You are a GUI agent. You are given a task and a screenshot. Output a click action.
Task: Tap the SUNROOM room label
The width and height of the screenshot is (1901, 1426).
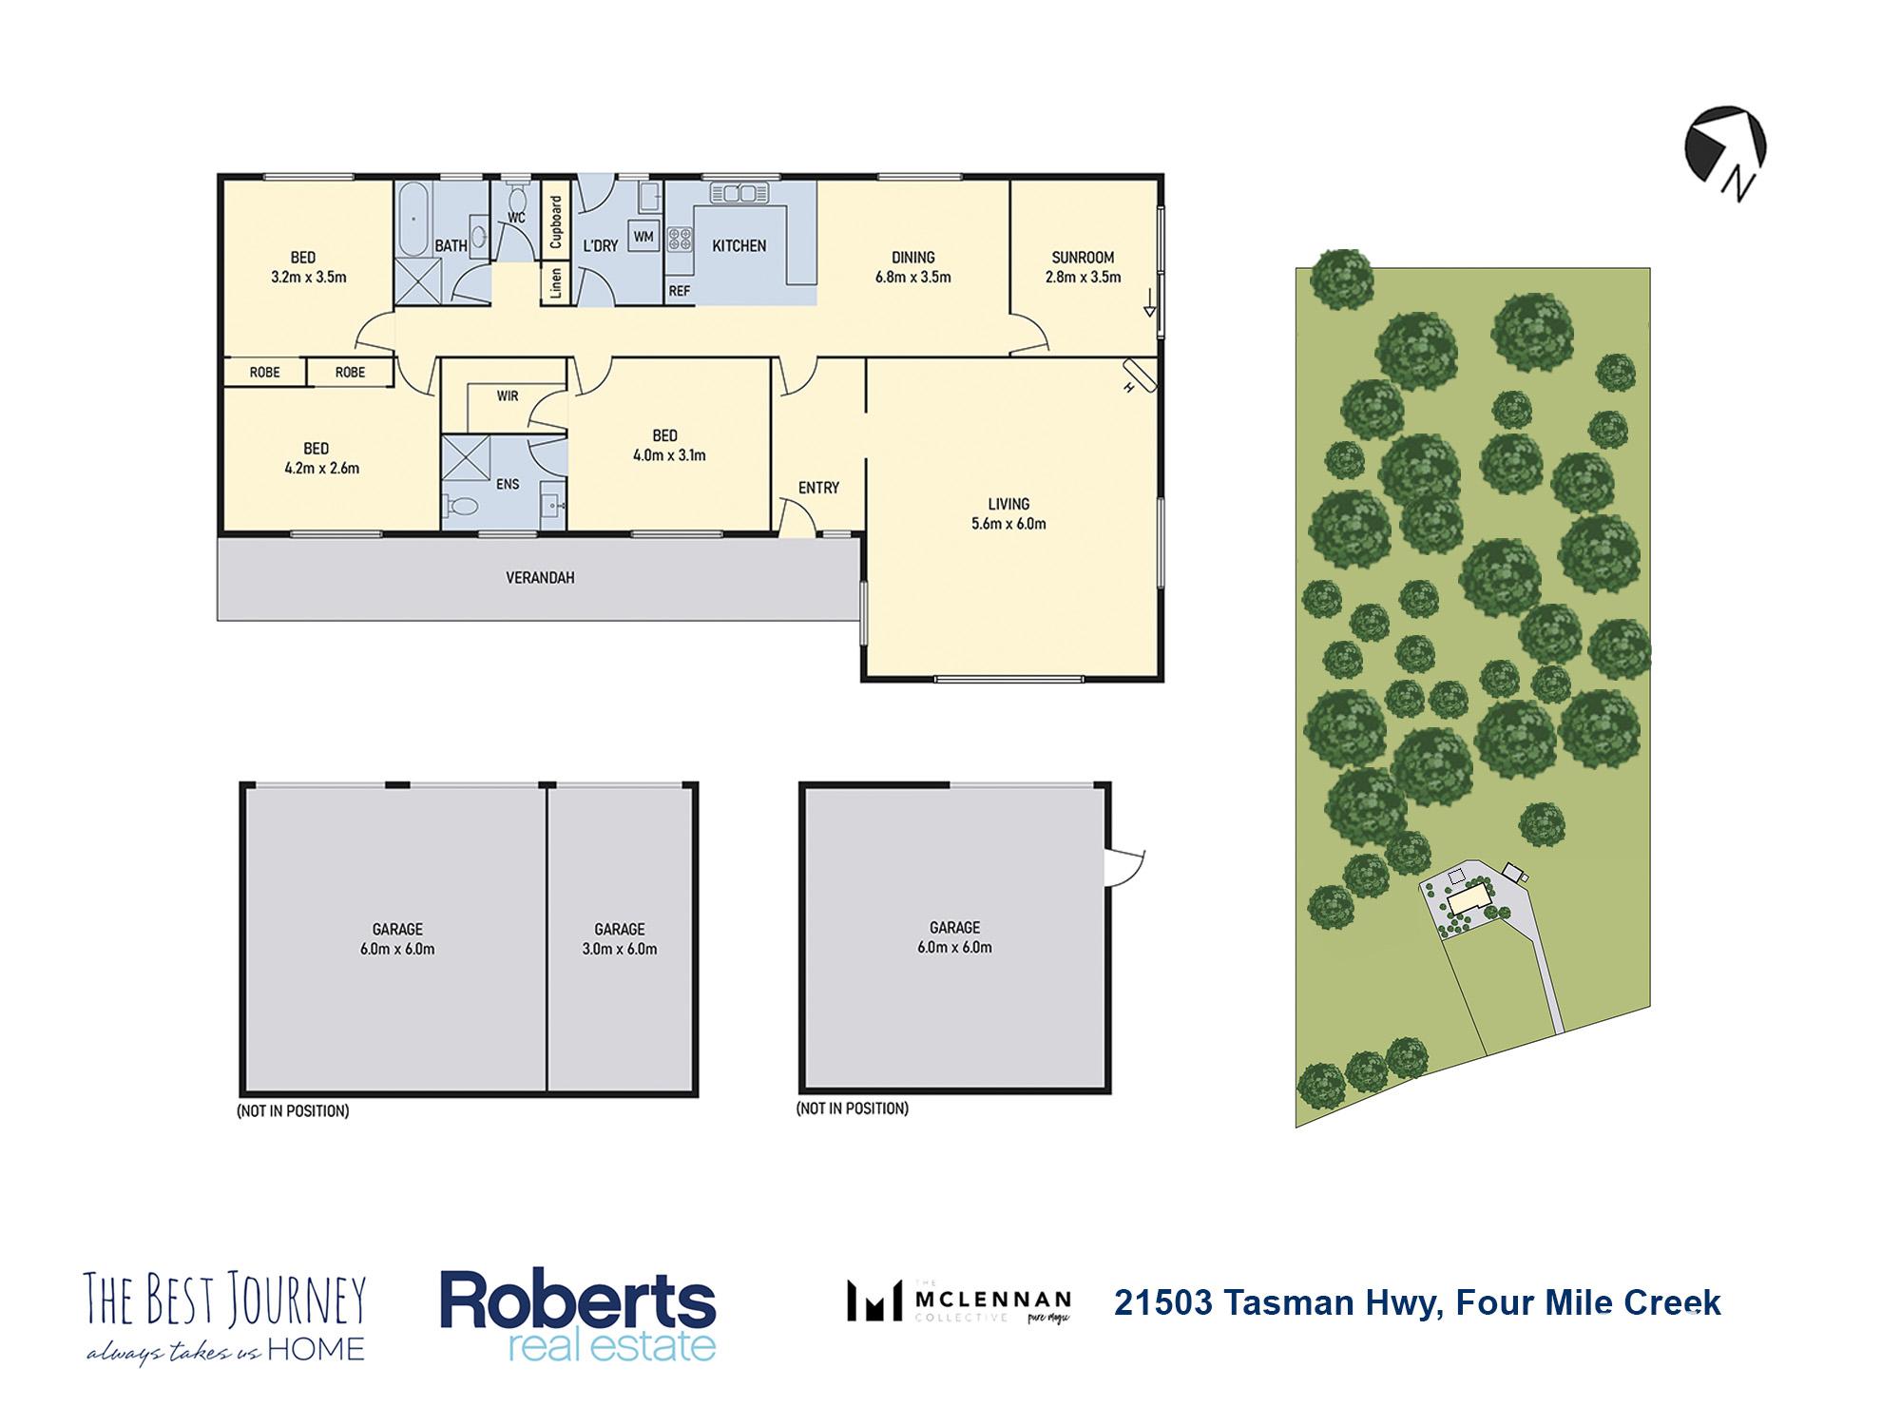tap(1083, 258)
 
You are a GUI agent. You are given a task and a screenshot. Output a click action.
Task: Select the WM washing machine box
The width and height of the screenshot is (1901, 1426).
tap(643, 236)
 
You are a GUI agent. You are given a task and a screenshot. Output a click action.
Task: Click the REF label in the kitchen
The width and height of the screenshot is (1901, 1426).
tap(679, 291)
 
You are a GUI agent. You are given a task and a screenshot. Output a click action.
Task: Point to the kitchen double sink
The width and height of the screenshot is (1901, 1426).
tap(739, 194)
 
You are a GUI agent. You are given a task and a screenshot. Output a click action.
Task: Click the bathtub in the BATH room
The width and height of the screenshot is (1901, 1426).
tap(413, 220)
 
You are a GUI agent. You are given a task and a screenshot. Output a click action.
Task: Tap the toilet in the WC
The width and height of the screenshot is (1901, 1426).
tap(518, 199)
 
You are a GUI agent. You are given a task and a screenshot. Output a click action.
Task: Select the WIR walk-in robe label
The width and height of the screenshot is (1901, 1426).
tap(507, 395)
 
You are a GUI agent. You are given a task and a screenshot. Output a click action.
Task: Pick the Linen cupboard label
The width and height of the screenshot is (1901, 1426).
tap(556, 282)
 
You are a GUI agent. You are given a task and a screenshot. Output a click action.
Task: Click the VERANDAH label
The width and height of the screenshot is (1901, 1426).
tap(540, 578)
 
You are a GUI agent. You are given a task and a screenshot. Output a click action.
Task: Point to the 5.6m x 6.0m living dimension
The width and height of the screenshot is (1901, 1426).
tap(1008, 524)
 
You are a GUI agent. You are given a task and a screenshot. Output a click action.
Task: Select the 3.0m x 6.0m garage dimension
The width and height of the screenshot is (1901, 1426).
tap(620, 949)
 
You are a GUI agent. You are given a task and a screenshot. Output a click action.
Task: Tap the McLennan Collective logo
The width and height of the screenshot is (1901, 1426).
tap(959, 1301)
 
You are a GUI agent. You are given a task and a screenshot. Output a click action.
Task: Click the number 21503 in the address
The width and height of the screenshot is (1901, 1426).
tap(1163, 1302)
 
